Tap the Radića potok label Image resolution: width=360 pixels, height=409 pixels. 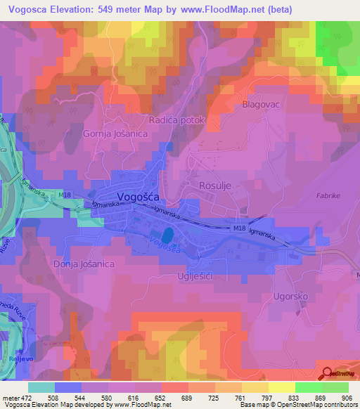(176, 120)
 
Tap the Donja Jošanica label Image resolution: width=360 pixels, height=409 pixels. (84, 264)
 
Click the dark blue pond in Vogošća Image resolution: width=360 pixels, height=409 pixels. (167, 233)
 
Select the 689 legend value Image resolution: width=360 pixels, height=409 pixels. (188, 397)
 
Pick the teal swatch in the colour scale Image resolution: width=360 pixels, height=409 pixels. (41, 387)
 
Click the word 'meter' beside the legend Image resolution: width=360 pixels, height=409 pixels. (9, 397)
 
